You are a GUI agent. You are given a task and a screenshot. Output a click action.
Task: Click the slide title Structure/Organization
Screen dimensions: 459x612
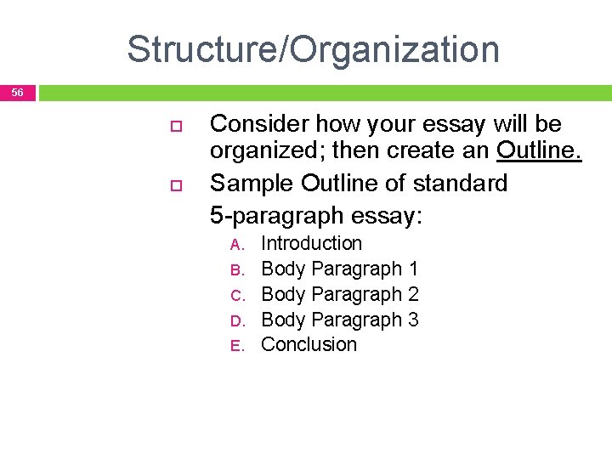[313, 49]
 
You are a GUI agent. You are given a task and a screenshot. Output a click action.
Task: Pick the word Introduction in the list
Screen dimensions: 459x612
[311, 243]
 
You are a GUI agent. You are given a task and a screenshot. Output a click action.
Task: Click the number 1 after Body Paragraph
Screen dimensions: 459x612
[413, 269]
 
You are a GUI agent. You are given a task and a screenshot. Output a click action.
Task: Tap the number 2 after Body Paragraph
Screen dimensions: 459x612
[413, 294]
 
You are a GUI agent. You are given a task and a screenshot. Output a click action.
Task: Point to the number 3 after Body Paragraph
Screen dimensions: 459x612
[413, 320]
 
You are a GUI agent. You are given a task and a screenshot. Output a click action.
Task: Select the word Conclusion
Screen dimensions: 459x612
[309, 344]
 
